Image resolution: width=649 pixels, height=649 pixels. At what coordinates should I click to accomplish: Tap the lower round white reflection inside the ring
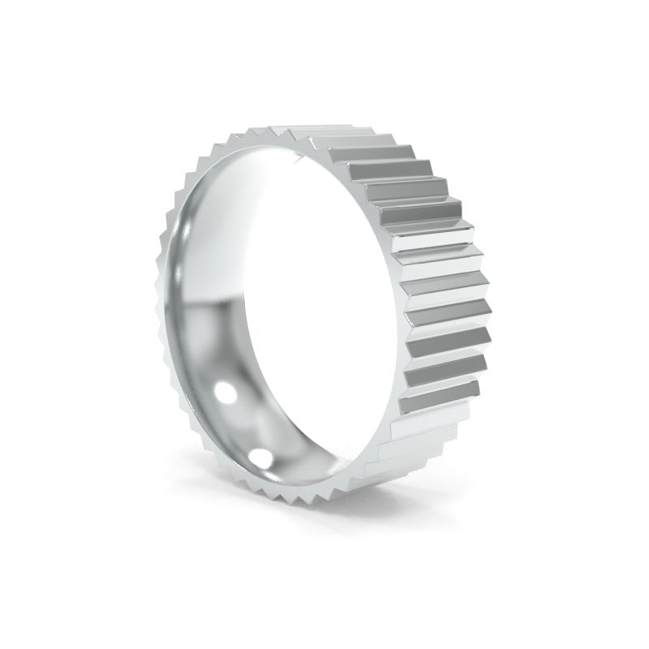[x=261, y=453]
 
